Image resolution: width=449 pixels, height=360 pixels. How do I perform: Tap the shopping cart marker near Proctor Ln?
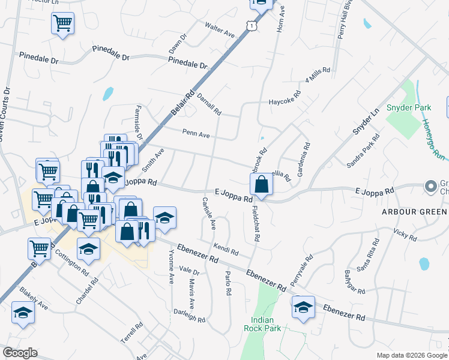click(62, 23)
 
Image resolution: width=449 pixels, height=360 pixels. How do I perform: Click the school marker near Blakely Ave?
click(23, 312)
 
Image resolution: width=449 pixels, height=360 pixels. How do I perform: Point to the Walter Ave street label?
click(219, 30)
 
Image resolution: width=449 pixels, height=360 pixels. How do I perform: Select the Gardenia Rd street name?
click(307, 154)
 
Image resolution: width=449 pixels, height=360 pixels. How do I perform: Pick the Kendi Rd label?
click(226, 248)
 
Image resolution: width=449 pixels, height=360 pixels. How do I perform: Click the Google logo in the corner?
click(20, 353)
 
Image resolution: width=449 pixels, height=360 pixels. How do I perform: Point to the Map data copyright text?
click(412, 355)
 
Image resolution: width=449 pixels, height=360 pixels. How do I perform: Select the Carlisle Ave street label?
click(209, 212)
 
